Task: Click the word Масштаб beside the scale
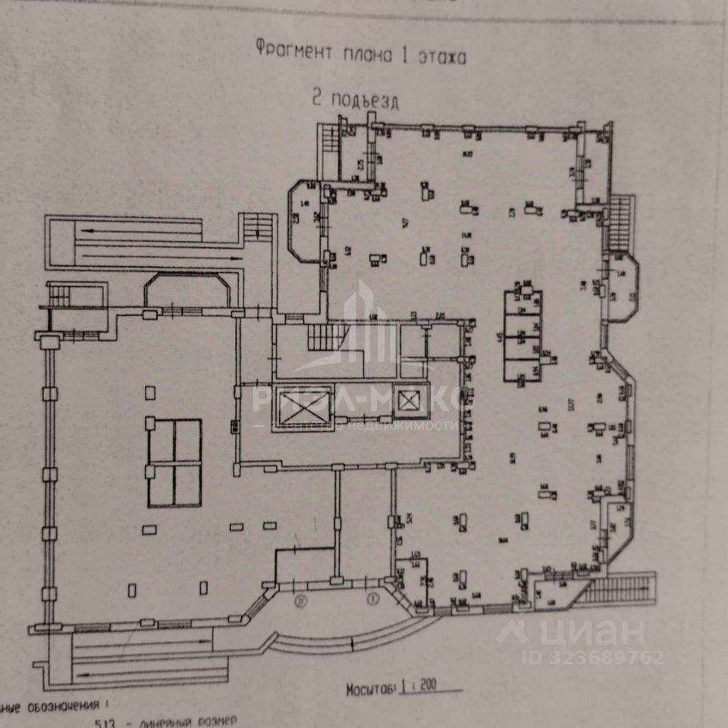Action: point(371,690)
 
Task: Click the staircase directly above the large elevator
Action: point(327,336)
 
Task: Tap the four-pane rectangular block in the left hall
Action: point(174,463)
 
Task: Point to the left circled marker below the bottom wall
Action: point(301,601)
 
